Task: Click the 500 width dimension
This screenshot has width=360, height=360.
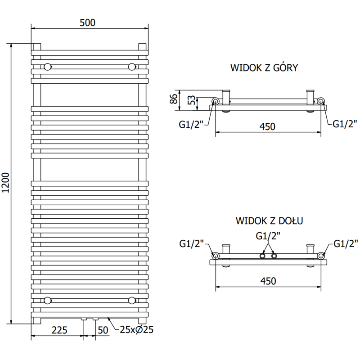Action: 88,23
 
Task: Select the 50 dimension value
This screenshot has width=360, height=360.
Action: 103,330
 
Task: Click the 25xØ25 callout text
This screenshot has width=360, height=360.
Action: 137,330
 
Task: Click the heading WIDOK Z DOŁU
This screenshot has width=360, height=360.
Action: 269,221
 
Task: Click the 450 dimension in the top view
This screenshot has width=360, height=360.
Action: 268,127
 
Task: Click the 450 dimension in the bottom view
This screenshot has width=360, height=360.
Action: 268,281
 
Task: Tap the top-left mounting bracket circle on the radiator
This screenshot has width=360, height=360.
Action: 47,67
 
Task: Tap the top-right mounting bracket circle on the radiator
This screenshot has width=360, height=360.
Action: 131,67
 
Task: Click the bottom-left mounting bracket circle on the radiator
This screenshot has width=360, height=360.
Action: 47,300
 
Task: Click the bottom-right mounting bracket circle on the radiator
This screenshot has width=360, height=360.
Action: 131,300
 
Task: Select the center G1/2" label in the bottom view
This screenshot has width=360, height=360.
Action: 268,235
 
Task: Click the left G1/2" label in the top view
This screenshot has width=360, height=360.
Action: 191,124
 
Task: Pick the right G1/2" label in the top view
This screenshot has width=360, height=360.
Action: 345,124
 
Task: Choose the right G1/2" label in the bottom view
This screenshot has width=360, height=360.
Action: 346,243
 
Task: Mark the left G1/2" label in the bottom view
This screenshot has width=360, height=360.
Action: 192,243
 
